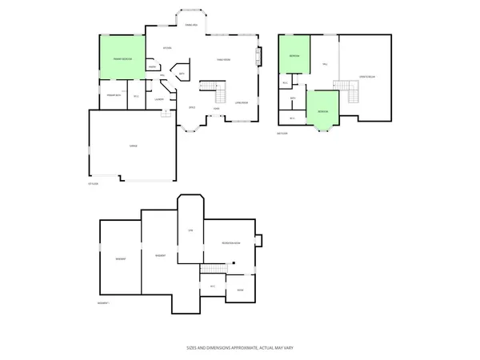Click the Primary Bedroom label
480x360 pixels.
click(x=122, y=59)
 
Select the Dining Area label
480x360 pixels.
click(x=191, y=26)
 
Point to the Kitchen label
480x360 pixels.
click(x=167, y=48)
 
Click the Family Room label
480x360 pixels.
click(x=224, y=60)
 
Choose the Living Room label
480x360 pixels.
click(x=241, y=102)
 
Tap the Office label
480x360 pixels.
click(x=192, y=107)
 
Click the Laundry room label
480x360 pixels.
click(x=159, y=99)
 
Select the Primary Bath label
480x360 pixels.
click(x=114, y=96)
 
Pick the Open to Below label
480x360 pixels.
click(x=366, y=77)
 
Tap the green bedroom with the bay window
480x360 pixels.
click(x=322, y=112)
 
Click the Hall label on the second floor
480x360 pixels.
click(x=325, y=64)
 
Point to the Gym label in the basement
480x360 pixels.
click(x=190, y=230)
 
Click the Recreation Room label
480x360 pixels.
click(x=231, y=243)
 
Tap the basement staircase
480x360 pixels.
click(x=214, y=268)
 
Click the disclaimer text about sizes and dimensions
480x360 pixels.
click(x=239, y=349)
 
